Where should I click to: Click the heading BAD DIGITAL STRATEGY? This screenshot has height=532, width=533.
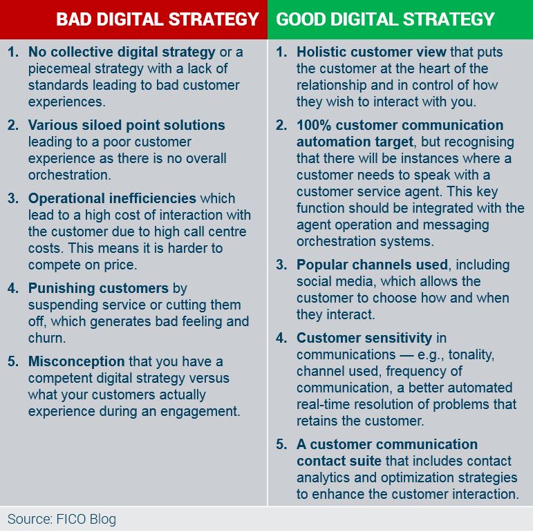click(158, 19)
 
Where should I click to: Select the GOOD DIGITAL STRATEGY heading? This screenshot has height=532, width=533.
click(386, 19)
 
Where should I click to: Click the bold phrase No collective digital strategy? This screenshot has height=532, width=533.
click(122, 52)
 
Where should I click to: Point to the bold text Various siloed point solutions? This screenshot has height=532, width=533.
click(127, 125)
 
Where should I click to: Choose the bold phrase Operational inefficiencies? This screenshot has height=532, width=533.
click(112, 198)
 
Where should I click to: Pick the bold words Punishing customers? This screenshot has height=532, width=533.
click(98, 288)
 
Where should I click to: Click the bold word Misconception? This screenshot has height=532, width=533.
click(76, 361)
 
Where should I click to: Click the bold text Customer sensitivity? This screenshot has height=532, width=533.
click(364, 338)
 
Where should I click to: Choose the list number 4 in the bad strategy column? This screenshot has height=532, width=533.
click(13, 288)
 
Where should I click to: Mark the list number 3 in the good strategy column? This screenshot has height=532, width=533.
click(281, 265)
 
